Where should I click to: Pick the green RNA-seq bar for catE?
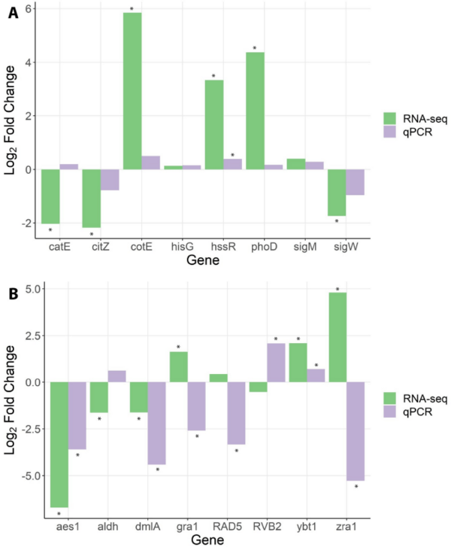pyautogui.click(x=50, y=196)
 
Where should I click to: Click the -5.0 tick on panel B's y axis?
pyautogui.click(x=26, y=476)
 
